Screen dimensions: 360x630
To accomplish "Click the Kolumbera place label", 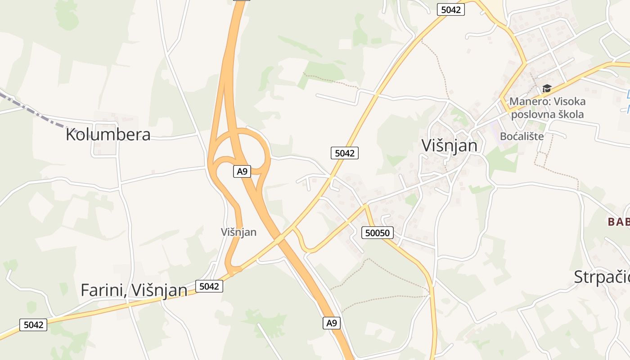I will [x=108, y=135].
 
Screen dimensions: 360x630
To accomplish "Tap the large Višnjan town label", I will [x=449, y=145].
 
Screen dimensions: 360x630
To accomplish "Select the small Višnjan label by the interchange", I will [x=238, y=232].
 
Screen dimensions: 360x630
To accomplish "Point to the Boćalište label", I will [x=522, y=136].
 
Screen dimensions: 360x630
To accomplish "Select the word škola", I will [x=572, y=114].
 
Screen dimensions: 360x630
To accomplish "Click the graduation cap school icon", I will [x=547, y=88].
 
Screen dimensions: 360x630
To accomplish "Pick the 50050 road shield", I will [x=378, y=233].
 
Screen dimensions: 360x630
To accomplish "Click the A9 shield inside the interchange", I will [x=242, y=171].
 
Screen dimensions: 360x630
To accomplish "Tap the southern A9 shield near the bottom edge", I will [x=331, y=323].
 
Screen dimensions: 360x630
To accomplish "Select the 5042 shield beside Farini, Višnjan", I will [x=209, y=286].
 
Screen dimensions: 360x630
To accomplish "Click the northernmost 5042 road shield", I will [x=450, y=9].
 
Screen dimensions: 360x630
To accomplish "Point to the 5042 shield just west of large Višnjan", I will [x=345, y=153].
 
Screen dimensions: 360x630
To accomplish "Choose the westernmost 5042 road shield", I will [x=34, y=324].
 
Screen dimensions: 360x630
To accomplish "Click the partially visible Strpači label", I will [x=601, y=277].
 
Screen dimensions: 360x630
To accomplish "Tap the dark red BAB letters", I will [x=618, y=221].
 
